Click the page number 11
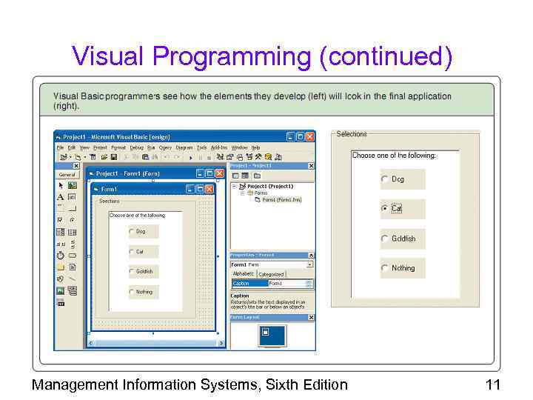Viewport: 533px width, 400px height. [x=492, y=384]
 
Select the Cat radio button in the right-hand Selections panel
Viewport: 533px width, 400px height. [x=384, y=209]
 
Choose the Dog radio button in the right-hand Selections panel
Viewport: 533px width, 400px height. [x=384, y=179]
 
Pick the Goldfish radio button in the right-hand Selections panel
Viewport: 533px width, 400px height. [x=384, y=239]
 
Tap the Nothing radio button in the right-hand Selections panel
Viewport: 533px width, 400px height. [x=384, y=268]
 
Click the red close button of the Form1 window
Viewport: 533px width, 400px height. [x=209, y=189]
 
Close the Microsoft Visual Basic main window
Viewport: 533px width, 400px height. [x=310, y=136]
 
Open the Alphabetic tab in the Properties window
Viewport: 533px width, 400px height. [x=244, y=274]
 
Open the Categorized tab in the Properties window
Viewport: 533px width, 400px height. [x=271, y=274]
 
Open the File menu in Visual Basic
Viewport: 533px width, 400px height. [x=61, y=147]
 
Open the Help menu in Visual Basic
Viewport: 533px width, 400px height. [x=255, y=147]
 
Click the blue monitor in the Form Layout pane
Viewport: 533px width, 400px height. [x=272, y=335]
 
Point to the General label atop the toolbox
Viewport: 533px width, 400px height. [x=67, y=174]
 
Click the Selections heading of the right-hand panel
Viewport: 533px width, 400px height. [x=352, y=134]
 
